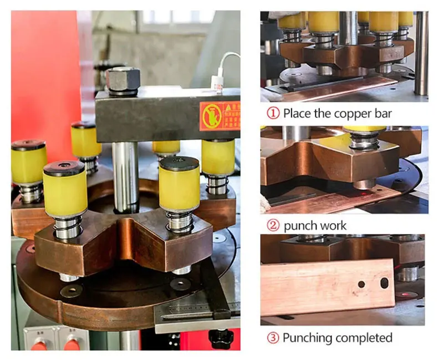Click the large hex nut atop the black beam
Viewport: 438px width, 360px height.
(123, 79)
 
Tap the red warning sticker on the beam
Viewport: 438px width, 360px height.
(218, 116)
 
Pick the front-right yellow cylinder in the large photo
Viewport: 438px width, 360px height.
(179, 187)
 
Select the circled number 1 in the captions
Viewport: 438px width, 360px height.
(272, 114)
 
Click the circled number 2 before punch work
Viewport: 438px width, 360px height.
(272, 225)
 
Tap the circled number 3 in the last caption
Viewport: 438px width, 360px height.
(272, 337)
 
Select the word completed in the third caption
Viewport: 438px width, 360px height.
(364, 337)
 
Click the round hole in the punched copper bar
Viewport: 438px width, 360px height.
(361, 284)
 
